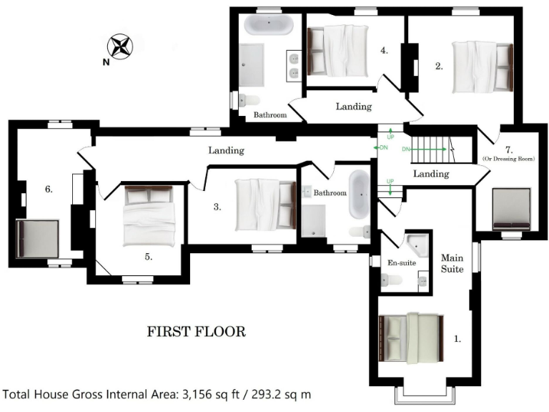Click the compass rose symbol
coord(121,48)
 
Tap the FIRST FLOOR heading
coord(196,332)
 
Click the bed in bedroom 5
coord(149,215)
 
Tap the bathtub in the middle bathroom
coord(358,192)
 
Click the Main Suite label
coord(452,263)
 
